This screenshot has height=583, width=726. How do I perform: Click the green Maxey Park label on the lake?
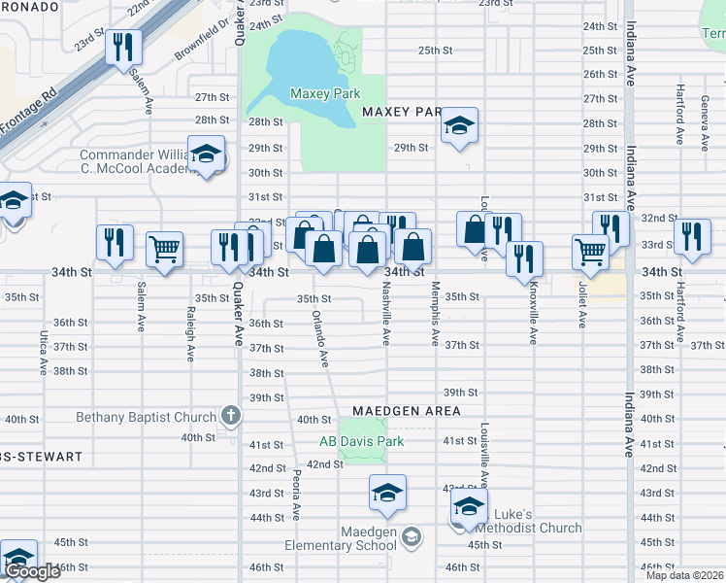pyautogui.click(x=325, y=94)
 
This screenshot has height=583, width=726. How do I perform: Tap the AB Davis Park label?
pyautogui.click(x=361, y=441)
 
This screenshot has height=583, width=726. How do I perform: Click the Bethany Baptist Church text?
pyautogui.click(x=147, y=418)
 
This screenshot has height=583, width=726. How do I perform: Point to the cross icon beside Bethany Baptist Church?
pyautogui.click(x=230, y=417)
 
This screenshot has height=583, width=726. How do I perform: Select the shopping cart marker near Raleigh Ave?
pyautogui.click(x=165, y=249)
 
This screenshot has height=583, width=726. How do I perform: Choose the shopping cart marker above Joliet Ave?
pyautogui.click(x=590, y=252)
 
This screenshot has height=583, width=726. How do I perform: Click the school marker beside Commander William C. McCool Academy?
pyautogui.click(x=206, y=154)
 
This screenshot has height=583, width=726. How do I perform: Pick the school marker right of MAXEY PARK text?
pyautogui.click(x=459, y=126)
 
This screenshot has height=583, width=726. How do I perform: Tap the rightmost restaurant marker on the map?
pyautogui.click(x=692, y=236)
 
